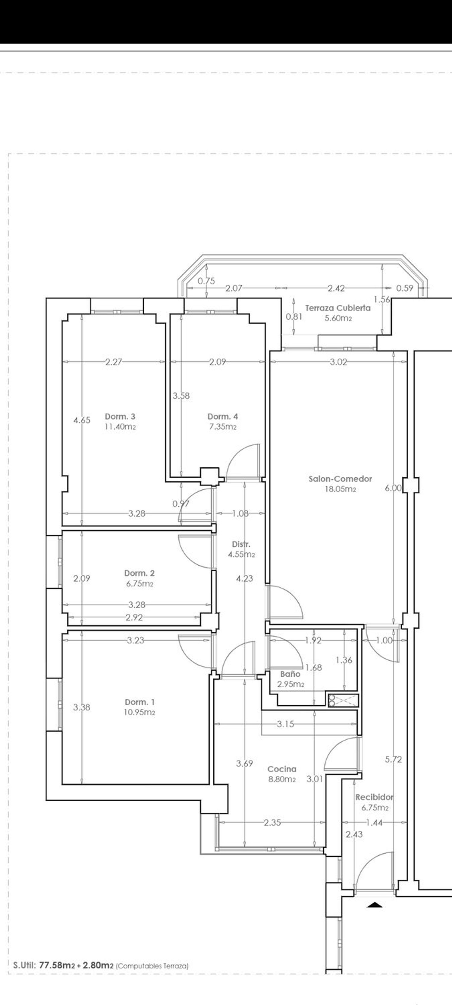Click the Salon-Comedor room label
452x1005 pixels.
click(x=340, y=479)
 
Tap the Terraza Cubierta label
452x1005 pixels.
click(x=338, y=308)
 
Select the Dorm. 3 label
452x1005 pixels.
click(x=120, y=416)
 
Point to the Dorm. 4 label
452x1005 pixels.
click(x=223, y=416)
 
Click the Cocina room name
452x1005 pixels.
click(x=281, y=769)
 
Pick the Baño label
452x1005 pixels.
click(x=290, y=674)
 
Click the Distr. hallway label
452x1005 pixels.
click(x=241, y=544)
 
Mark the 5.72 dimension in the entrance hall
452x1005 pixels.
click(x=393, y=759)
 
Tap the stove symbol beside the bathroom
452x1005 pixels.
click(x=343, y=701)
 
